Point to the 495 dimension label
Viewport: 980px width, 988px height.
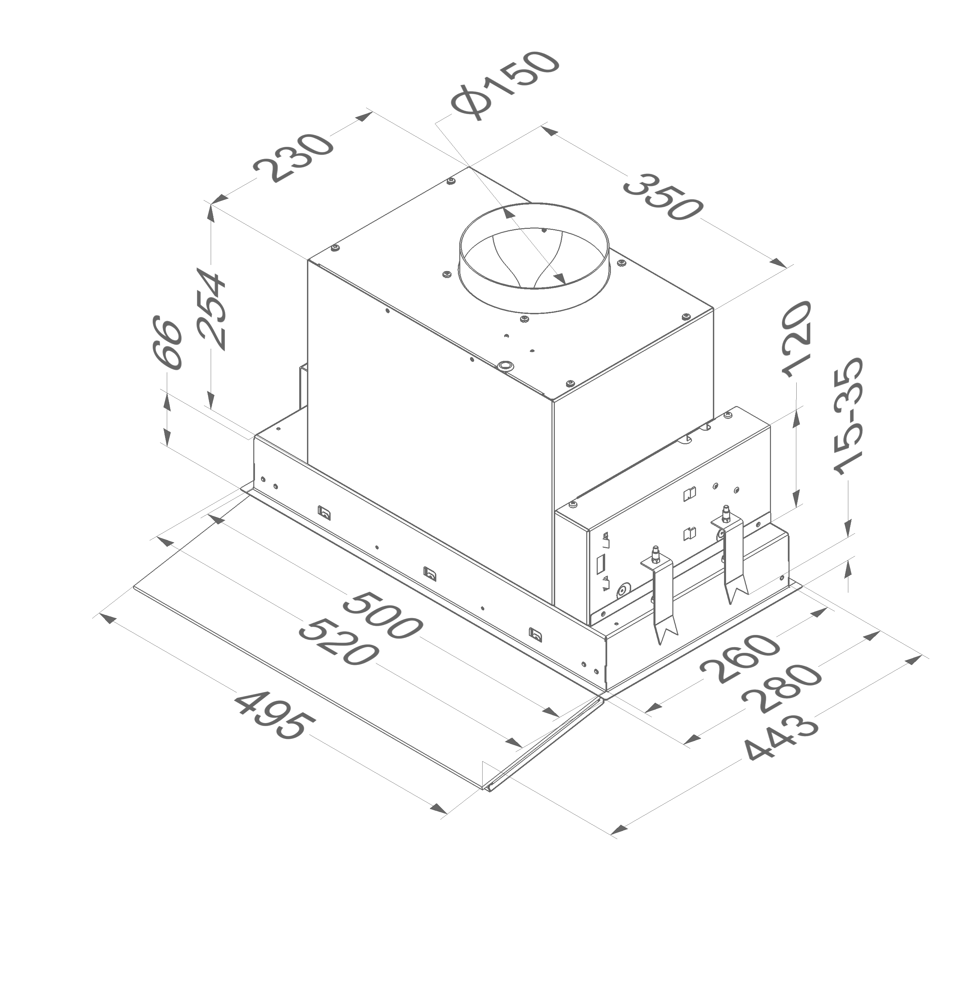(275, 715)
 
